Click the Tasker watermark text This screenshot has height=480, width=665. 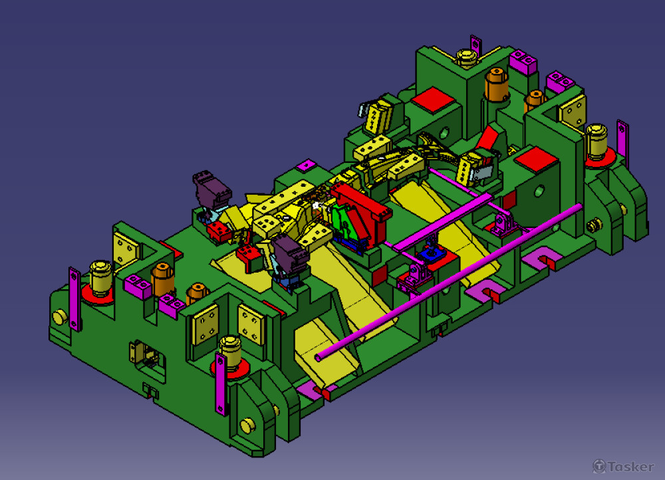coord(624,467)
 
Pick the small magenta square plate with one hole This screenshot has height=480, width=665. coord(306,165)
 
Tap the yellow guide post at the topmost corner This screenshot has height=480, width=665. coord(467,58)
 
